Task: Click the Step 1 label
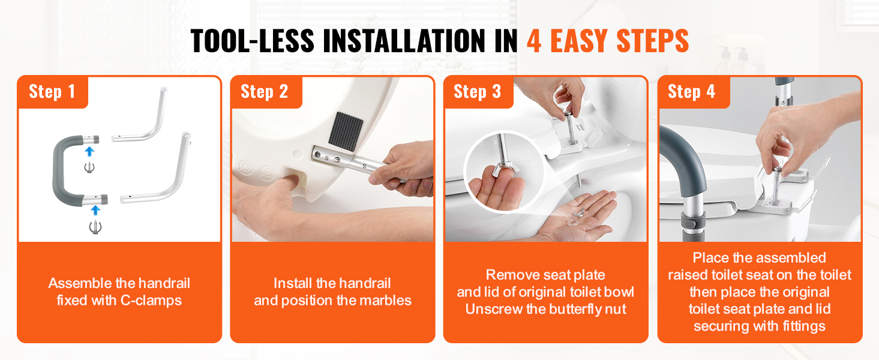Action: [x=52, y=92]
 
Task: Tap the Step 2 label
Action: [x=264, y=92]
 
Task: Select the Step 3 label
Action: [x=477, y=92]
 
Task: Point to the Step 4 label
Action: [x=691, y=92]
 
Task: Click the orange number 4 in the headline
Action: [x=534, y=41]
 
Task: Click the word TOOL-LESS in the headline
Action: [x=253, y=41]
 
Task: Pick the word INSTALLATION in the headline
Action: [x=404, y=41]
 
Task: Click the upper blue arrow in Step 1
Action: [x=89, y=152]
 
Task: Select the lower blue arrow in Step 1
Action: [x=95, y=211]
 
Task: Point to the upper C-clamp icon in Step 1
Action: [x=89, y=167]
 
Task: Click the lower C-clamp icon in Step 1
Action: [x=95, y=227]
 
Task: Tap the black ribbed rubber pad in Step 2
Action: [x=346, y=131]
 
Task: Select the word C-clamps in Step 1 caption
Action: [x=151, y=301]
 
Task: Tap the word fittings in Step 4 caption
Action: [x=804, y=326]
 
